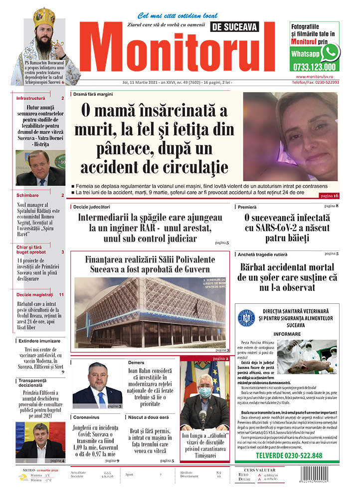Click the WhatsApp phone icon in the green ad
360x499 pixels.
[330, 52]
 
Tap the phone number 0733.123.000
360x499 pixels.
[315, 66]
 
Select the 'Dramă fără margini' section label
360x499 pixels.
[93, 94]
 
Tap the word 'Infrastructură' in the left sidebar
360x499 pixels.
[31, 98]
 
